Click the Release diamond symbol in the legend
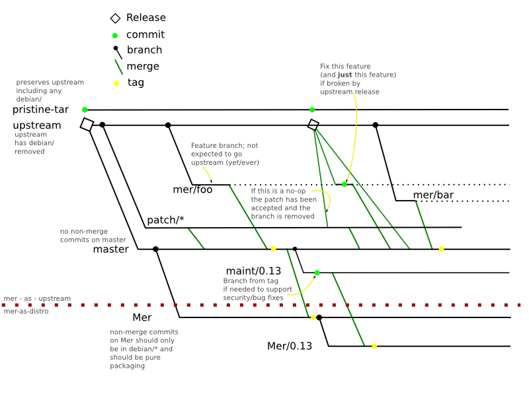tap(115, 18)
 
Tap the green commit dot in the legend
tap(115, 36)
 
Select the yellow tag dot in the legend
tap(116, 83)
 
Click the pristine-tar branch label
tap(40, 110)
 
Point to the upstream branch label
tap(37, 125)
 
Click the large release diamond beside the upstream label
tap(87, 124)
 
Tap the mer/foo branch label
tap(192, 189)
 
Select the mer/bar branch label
tap(433, 195)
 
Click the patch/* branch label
tap(166, 220)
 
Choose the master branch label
tap(110, 249)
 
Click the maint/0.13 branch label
tap(253, 271)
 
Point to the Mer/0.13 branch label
tap(290, 346)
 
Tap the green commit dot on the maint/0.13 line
tap(317, 273)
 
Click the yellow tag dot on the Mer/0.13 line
tap(374, 346)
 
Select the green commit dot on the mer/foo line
tap(345, 184)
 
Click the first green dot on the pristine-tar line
tap(85, 110)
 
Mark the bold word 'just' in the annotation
tap(345, 75)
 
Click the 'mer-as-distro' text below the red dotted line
tap(26, 311)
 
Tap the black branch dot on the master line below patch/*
tap(155, 249)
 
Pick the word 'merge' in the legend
tap(143, 67)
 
